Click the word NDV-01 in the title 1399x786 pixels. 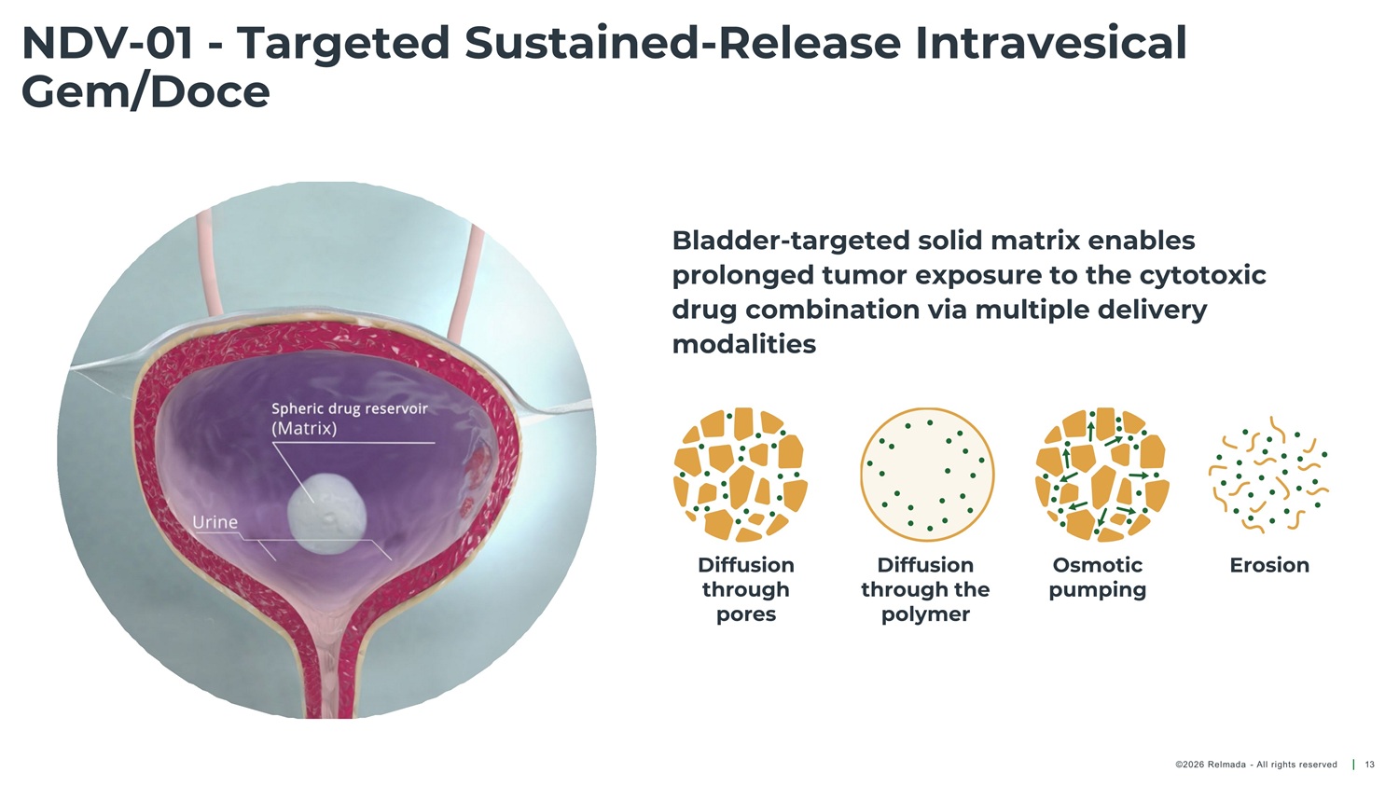[107, 43]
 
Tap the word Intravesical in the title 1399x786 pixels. [1051, 43]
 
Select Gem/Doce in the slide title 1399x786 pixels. [145, 92]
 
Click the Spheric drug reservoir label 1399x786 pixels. [350, 409]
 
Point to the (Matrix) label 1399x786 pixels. [304, 428]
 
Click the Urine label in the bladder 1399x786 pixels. [215, 522]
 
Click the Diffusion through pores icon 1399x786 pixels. [741, 475]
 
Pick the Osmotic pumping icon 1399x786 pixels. [1102, 475]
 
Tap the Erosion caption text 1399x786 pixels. [1269, 565]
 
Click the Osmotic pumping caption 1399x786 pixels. [1098, 578]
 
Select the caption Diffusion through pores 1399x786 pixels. [746, 589]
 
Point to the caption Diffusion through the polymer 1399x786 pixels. [925, 589]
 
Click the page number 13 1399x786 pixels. [1370, 765]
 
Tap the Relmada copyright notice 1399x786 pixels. [1256, 765]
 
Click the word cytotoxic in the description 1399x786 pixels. [1202, 275]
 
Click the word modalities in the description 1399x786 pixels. [744, 344]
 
